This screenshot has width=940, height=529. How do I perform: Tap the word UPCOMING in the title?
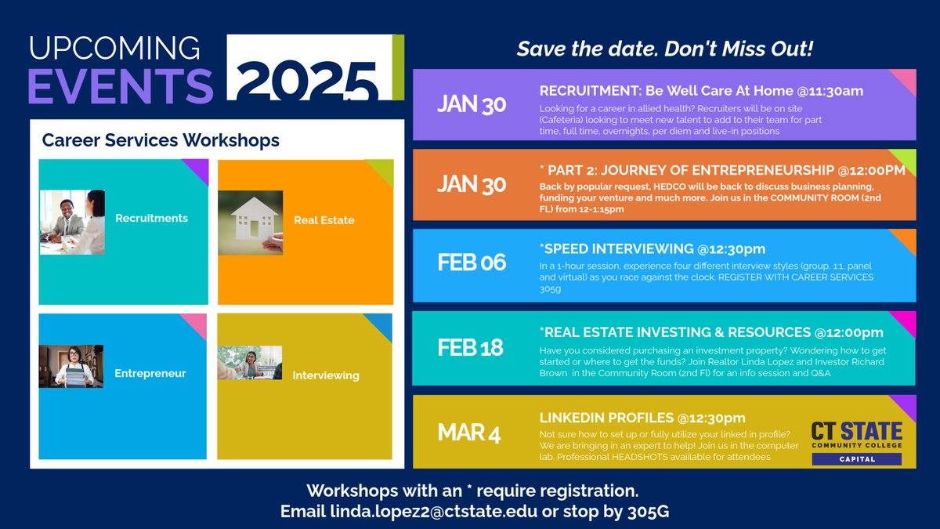click(x=114, y=49)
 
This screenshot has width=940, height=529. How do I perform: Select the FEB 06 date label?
click(x=472, y=263)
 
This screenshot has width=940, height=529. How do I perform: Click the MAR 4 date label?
click(x=468, y=433)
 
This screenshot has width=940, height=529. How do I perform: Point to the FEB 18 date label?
click(x=470, y=347)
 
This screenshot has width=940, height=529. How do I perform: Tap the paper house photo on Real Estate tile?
click(x=251, y=223)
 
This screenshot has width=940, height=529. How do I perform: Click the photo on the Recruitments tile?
click(x=72, y=222)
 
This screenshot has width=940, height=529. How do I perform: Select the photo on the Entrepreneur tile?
click(x=70, y=366)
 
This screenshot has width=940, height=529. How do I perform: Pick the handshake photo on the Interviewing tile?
click(x=249, y=363)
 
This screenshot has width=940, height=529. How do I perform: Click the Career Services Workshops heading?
click(x=161, y=141)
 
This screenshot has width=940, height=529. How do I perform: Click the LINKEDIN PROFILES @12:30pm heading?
click(x=642, y=418)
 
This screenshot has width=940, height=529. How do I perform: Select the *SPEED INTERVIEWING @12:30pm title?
click(x=652, y=248)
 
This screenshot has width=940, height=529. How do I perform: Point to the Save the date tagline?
click(x=665, y=49)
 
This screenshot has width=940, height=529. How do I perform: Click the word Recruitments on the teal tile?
click(x=151, y=218)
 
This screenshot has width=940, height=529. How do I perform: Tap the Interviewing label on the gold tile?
click(x=326, y=375)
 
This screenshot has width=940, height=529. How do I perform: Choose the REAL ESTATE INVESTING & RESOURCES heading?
click(x=711, y=333)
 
